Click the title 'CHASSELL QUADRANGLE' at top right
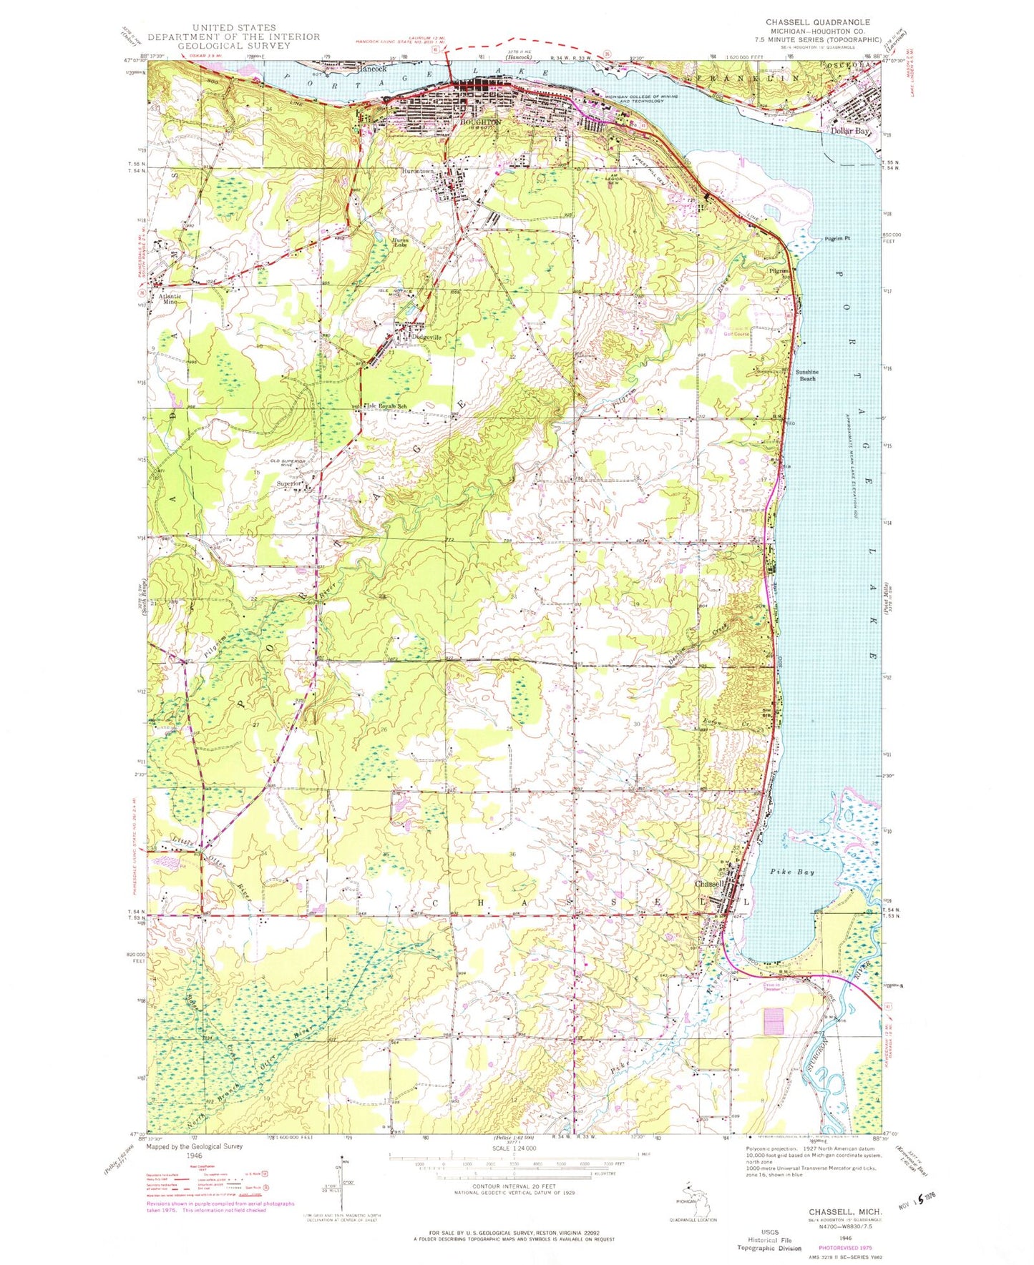[817, 22]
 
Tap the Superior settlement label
[290, 483]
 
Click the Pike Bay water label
[794, 872]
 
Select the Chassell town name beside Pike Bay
[710, 883]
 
